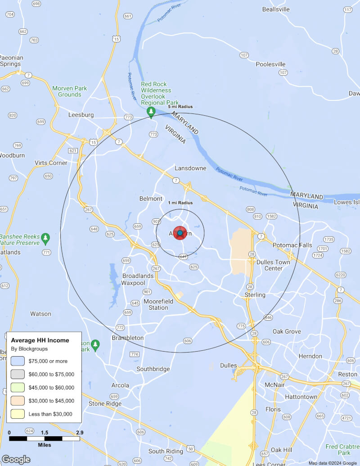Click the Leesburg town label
coord(81,115)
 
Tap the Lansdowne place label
coord(190,168)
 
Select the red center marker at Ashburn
coord(180,233)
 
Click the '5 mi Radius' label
coord(180,107)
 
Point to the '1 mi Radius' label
coord(180,203)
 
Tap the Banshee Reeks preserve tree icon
coord(45,237)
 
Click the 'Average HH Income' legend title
coord(40,340)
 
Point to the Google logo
coord(16,459)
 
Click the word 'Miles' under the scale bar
coord(44,445)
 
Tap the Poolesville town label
coord(271,64)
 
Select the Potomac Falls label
coord(292,245)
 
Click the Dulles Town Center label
coord(273,265)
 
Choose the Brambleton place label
coord(128,338)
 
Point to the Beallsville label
coord(276,9)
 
